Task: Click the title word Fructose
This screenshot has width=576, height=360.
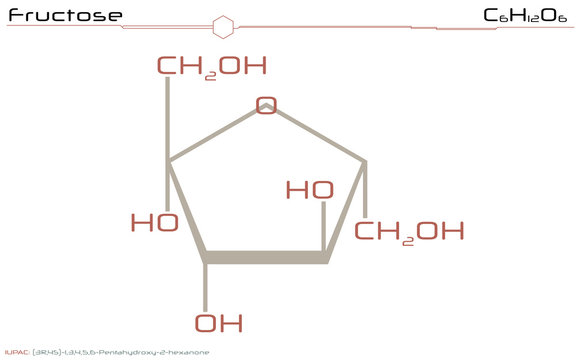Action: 65,16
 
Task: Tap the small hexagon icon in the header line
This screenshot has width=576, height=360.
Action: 225,25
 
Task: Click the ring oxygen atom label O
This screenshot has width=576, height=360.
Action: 265,105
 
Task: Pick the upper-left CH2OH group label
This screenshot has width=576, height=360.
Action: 211,67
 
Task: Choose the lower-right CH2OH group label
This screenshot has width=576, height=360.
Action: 409,232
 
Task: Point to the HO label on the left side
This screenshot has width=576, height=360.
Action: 155,223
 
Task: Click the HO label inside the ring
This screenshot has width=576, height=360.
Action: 310,189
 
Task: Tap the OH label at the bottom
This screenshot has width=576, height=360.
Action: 219,323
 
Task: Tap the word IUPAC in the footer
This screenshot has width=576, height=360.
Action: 16,352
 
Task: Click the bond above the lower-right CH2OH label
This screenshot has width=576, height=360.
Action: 366,190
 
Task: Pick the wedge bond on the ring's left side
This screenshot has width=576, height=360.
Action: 187,210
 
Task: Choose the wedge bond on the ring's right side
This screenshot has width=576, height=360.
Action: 346,210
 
